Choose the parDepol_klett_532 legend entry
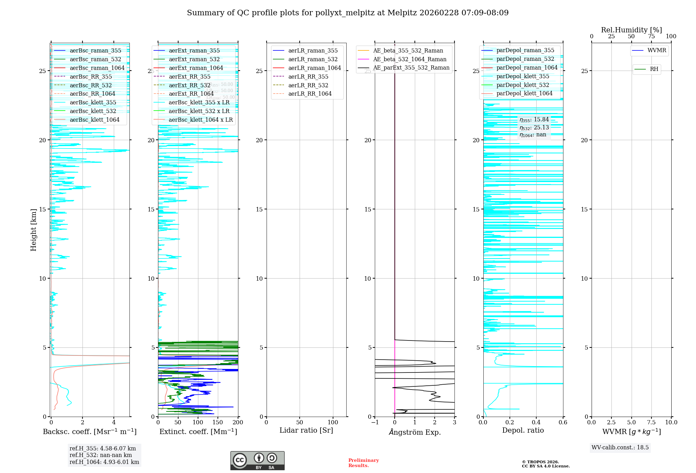click(522, 85)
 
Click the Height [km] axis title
click(33, 230)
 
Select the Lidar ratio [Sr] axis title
click(306, 430)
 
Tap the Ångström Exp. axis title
click(414, 432)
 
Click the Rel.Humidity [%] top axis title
click(631, 30)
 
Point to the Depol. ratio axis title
click(523, 430)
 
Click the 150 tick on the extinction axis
click(218, 422)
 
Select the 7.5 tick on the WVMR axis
click(651, 422)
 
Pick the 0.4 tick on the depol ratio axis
click(536, 422)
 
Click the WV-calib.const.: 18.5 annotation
click(620, 447)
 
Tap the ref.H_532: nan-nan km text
click(101, 455)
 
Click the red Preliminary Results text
click(363, 463)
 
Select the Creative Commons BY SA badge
click(257, 460)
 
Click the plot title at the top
click(348, 13)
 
